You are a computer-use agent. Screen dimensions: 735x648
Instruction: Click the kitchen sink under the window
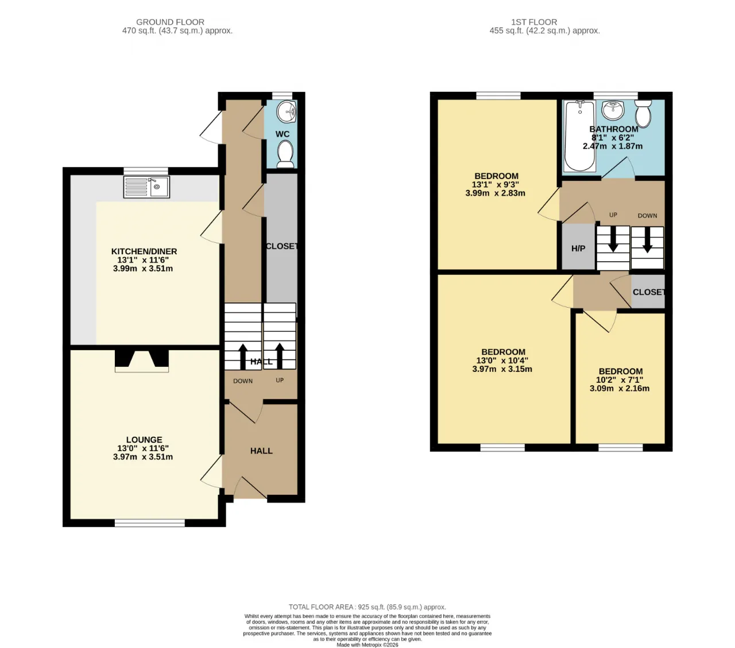pyautogui.click(x=146, y=187)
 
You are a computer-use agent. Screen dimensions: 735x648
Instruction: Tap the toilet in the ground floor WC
pyautogui.click(x=285, y=154)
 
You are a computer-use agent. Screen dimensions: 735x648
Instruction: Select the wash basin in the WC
pyautogui.click(x=287, y=111)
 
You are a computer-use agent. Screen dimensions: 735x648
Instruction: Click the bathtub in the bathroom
pyautogui.click(x=579, y=136)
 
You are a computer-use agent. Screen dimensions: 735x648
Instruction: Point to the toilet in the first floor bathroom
pyautogui.click(x=643, y=113)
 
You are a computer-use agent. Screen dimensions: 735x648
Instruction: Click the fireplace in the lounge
pyautogui.click(x=142, y=361)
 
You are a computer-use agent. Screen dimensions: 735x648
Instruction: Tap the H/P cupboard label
pyautogui.click(x=578, y=249)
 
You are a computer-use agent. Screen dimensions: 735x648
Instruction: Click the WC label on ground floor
pyautogui.click(x=283, y=134)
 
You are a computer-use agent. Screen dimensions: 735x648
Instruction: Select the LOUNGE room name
pyautogui.click(x=144, y=440)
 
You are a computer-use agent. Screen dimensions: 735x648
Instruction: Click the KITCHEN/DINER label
pyautogui.click(x=144, y=251)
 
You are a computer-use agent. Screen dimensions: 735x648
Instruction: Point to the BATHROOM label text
pyautogui.click(x=614, y=129)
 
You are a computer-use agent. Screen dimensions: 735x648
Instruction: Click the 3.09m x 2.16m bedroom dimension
pyautogui.click(x=620, y=389)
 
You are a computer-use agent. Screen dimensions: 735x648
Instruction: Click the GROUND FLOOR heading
pyautogui.click(x=170, y=22)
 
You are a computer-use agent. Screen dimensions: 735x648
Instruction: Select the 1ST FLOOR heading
pyautogui.click(x=534, y=22)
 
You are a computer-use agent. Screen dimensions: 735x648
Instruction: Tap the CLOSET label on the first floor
pyautogui.click(x=649, y=292)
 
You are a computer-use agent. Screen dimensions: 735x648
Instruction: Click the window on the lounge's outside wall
pyautogui.click(x=150, y=522)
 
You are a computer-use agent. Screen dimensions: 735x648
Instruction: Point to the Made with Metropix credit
pyautogui.click(x=367, y=645)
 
